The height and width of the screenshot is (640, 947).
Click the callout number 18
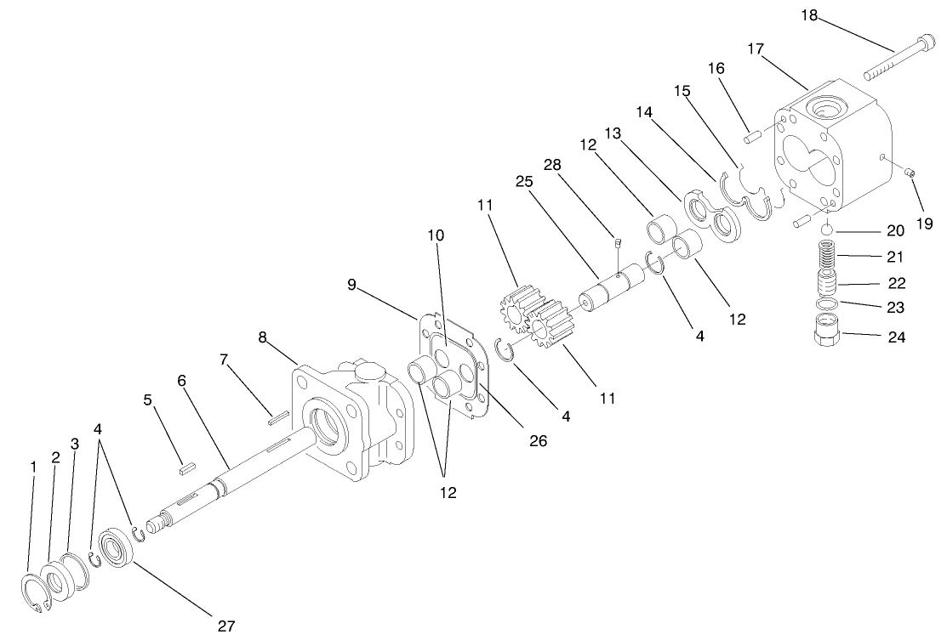click(809, 14)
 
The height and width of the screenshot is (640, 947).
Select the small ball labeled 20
click(825, 229)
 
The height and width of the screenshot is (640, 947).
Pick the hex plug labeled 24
click(827, 329)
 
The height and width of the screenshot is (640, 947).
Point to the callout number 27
click(225, 626)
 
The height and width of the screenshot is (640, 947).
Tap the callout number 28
click(552, 164)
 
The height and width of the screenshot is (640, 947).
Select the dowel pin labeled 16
click(751, 133)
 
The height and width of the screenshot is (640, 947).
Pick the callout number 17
click(756, 49)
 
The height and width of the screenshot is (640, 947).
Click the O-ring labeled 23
click(824, 303)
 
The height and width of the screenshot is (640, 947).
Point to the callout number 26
click(538, 440)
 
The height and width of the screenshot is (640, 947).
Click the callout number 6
click(181, 381)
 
